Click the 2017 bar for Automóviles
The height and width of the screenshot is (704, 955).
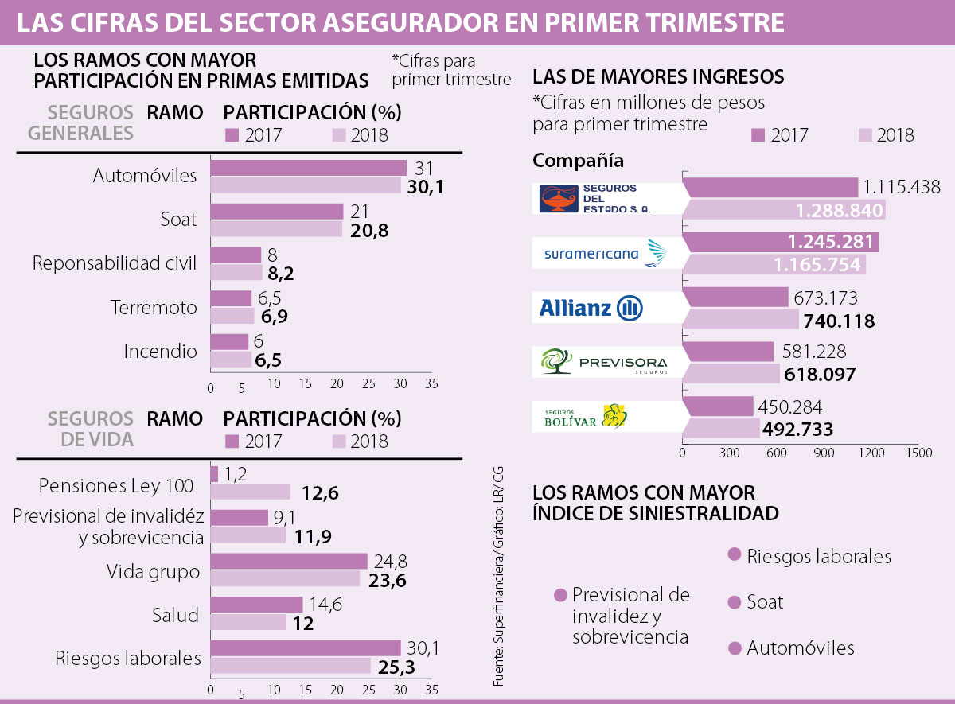pyautogui.click(x=308, y=168)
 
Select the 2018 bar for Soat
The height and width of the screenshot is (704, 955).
pyautogui.click(x=276, y=229)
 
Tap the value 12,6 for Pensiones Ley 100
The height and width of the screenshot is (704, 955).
pyautogui.click(x=321, y=493)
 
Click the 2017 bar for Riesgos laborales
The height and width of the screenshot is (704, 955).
pyautogui.click(x=305, y=648)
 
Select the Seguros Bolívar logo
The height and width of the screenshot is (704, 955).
pyautogui.click(x=586, y=416)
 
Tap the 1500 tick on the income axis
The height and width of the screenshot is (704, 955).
pyautogui.click(x=918, y=453)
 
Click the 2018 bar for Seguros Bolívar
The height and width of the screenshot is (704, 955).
pyautogui.click(x=721, y=429)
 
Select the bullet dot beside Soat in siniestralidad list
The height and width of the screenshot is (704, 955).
pyautogui.click(x=735, y=602)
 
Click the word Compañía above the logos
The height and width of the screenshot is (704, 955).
pyautogui.click(x=578, y=161)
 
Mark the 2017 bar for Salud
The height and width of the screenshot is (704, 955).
pyautogui.click(x=256, y=605)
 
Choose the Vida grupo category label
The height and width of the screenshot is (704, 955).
pyautogui.click(x=153, y=571)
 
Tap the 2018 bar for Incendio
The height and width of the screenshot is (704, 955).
pyautogui.click(x=231, y=360)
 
